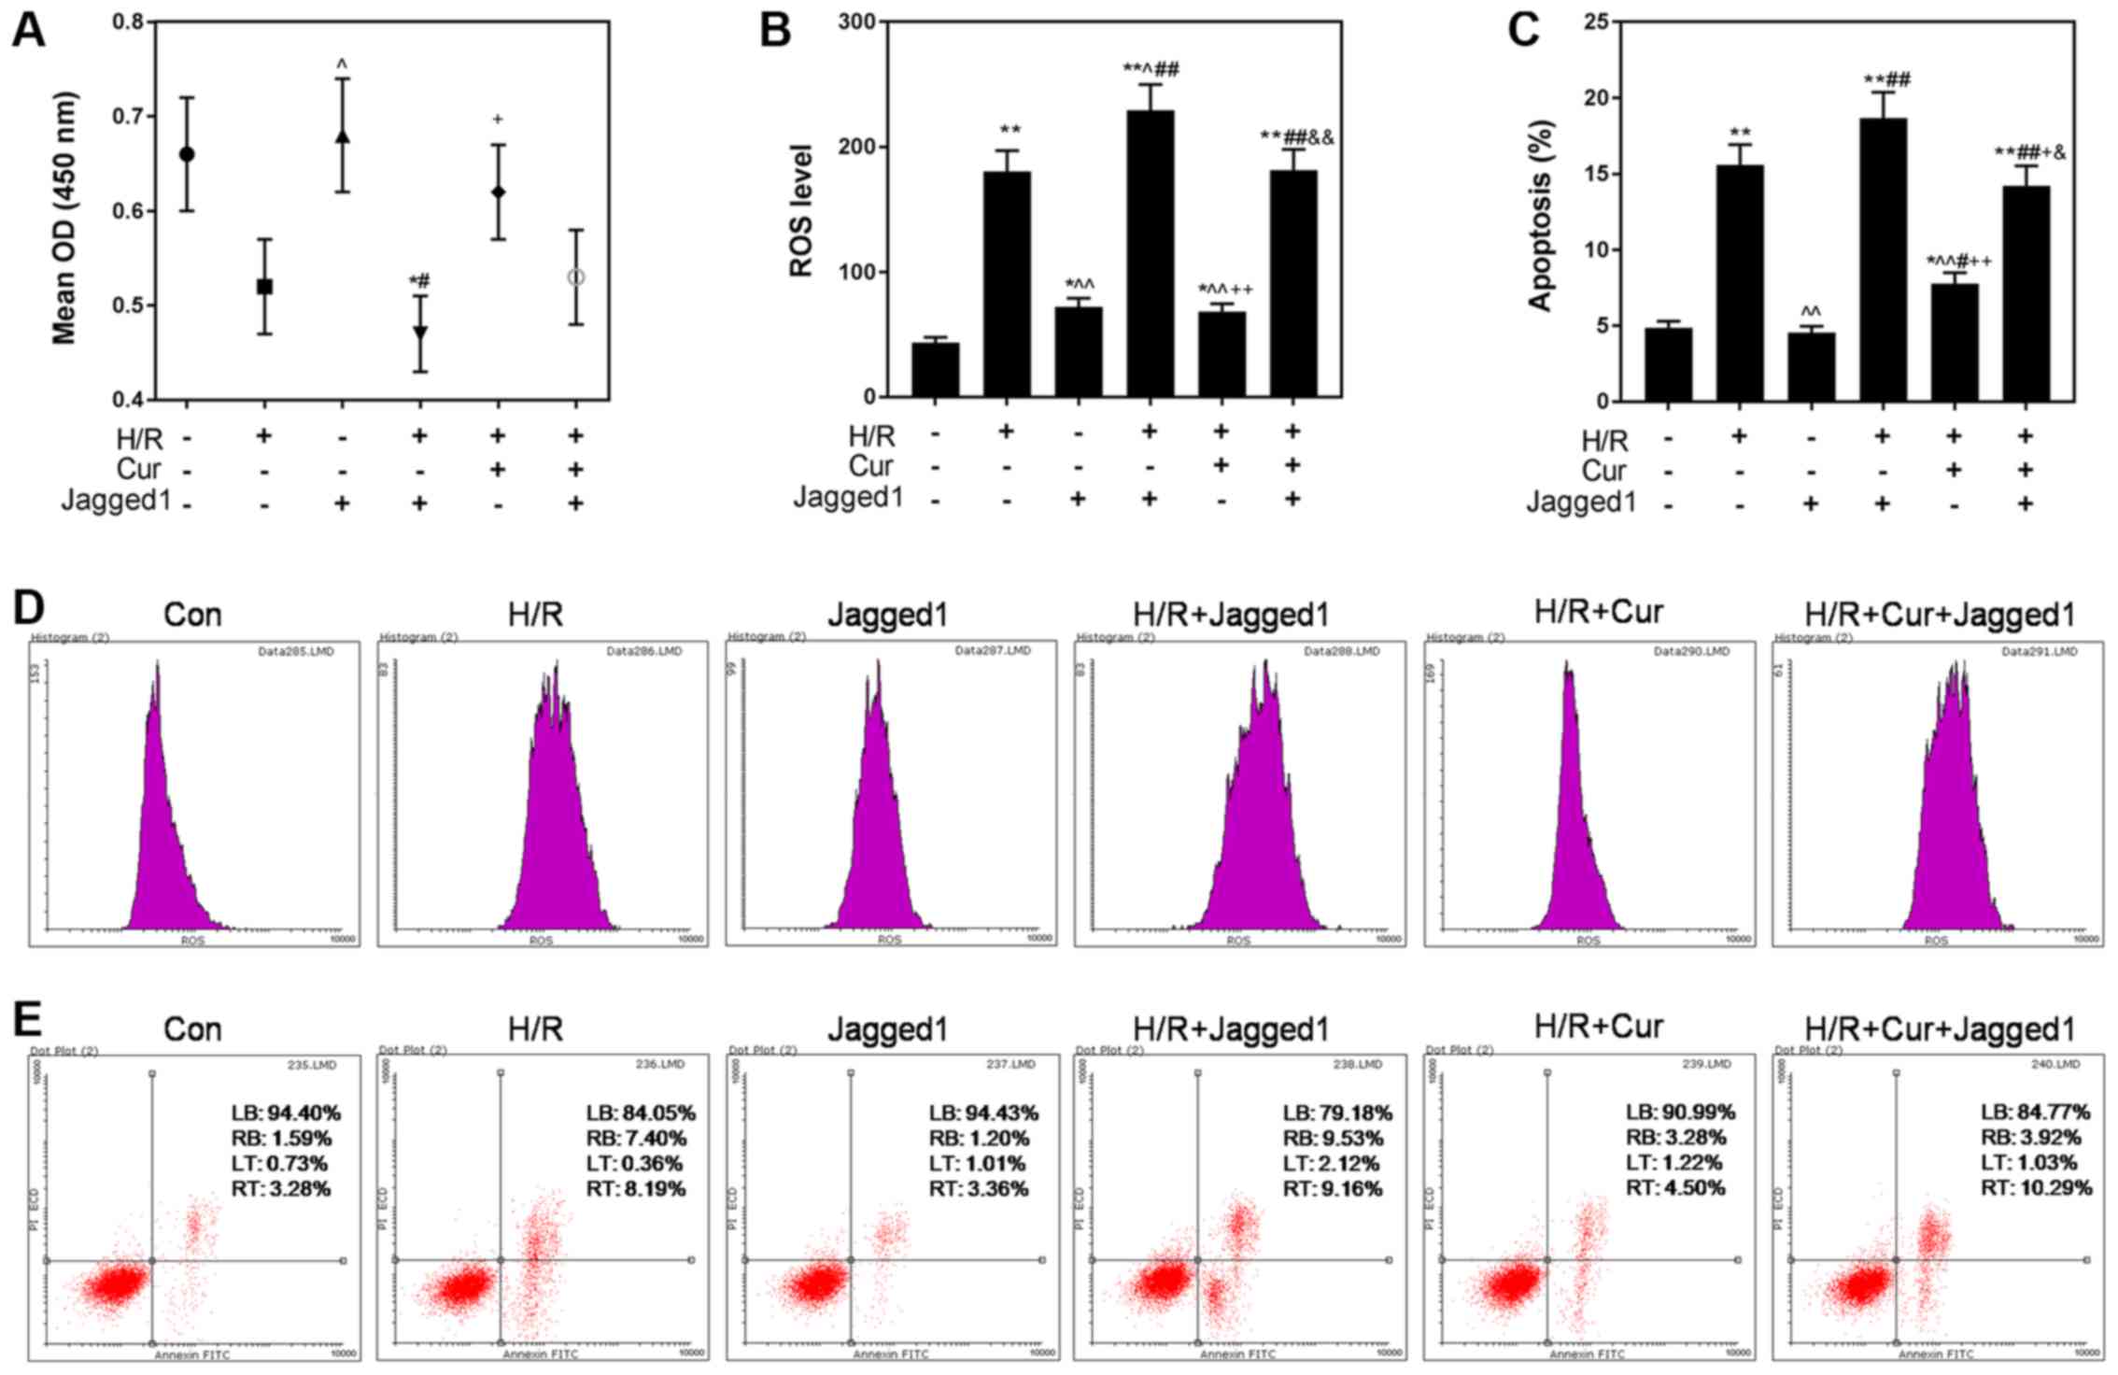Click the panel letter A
point(28,30)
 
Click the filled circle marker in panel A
point(187,154)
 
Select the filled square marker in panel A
point(264,287)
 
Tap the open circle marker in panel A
point(575,277)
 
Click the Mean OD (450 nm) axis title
point(64,218)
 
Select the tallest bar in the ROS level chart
point(1150,252)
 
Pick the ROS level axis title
point(801,210)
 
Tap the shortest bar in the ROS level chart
point(936,370)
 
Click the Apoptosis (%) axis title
point(1539,215)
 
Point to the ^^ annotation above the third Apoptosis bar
point(1811,311)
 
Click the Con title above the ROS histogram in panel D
point(192,615)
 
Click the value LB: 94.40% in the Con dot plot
point(286,1113)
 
